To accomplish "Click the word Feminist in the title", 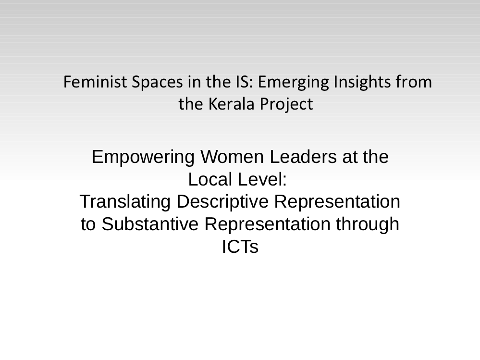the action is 95,82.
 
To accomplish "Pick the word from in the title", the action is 414,82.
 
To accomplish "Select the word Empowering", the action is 143,158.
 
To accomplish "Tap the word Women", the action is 232,157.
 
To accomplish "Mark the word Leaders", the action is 303,157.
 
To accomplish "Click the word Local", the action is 210,179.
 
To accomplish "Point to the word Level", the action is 262,179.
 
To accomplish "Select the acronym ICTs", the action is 240,247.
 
